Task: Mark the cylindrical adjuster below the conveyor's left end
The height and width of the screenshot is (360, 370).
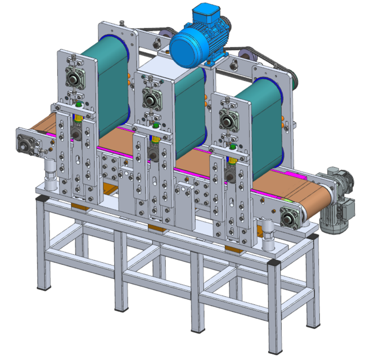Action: tap(51, 172)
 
